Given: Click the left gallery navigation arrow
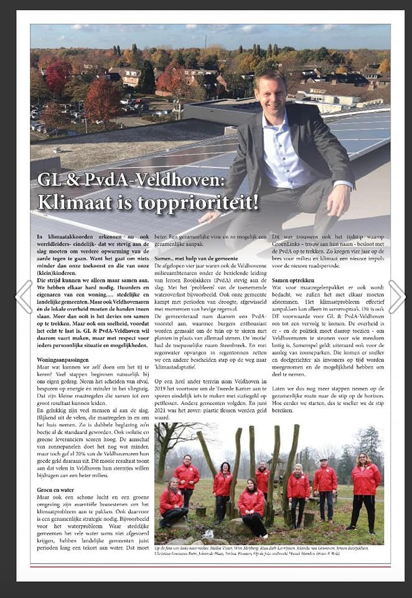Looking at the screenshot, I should [23, 297].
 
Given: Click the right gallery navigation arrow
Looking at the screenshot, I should [396, 297].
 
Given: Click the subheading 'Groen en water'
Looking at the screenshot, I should [54, 489].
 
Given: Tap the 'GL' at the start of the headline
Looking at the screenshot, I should [49, 180].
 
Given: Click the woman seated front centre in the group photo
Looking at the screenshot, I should [252, 505].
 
